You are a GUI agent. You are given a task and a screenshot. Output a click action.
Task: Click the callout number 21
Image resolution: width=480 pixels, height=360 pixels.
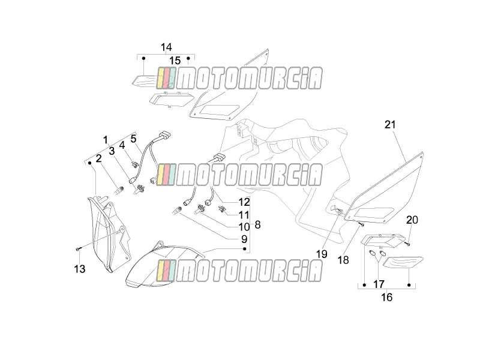coord(391,125)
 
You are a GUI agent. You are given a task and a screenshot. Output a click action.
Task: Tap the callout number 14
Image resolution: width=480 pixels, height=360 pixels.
coord(166,47)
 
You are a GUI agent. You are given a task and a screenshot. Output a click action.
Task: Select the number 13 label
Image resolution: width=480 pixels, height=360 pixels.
coord(80,269)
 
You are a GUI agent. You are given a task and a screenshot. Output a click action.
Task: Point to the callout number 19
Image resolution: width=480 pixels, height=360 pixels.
coord(322,254)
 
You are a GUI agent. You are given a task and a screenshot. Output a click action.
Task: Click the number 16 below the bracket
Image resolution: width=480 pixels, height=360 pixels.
coord(386,297)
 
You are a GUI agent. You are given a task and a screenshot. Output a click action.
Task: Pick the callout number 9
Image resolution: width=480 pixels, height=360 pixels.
coord(244,239)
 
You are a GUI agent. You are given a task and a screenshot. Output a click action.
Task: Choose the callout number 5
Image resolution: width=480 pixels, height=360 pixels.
coord(133,139)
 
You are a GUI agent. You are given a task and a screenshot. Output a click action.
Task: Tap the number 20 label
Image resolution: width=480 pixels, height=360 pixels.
coord(412,220)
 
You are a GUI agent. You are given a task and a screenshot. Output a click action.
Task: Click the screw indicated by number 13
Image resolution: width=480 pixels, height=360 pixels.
coord(78,250)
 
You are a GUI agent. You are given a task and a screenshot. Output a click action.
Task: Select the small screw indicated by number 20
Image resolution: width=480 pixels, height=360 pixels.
coord(407,244)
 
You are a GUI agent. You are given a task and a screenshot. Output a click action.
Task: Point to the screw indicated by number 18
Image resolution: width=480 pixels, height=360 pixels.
coord(362,226)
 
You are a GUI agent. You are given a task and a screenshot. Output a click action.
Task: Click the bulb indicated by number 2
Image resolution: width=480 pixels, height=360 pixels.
coord(118,190)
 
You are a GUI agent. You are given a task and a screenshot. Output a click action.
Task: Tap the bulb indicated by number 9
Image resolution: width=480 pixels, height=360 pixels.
coord(178,210)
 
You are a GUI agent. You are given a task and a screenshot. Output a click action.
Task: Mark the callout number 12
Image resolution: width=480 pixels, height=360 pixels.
coord(244,202)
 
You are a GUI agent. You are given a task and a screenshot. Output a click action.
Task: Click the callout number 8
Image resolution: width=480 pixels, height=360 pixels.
coord(258,224)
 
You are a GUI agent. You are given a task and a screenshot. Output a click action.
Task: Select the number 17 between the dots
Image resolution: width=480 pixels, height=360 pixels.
coord(379,284)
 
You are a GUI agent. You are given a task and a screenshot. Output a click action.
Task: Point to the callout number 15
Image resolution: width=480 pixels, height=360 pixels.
coord(175,61)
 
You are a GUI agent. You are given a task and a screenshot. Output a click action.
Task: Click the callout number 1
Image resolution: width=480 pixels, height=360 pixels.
coord(106,140)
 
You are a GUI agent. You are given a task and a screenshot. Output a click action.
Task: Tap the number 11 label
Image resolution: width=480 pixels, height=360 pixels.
coord(244,215)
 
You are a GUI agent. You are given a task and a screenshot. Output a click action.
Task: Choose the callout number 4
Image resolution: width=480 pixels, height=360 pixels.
coord(122,145)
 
